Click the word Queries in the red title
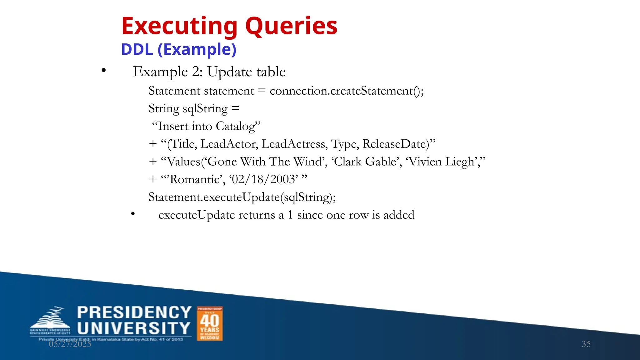click(x=291, y=26)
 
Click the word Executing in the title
click(x=179, y=26)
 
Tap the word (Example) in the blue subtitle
click(x=197, y=49)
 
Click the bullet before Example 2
click(x=104, y=71)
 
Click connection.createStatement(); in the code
click(x=347, y=91)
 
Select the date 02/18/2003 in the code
click(x=263, y=179)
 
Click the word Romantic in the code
click(x=195, y=179)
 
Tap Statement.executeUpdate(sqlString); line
click(x=242, y=197)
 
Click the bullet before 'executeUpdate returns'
click(x=133, y=214)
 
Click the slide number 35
click(x=586, y=344)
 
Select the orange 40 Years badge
click(x=210, y=323)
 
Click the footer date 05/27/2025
click(x=70, y=344)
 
